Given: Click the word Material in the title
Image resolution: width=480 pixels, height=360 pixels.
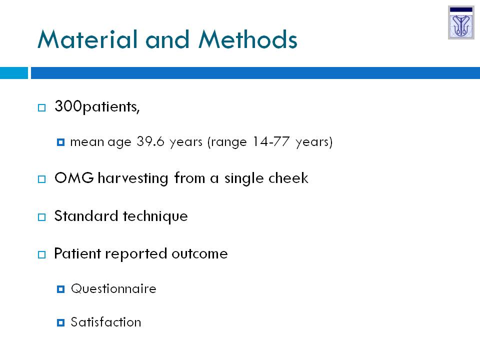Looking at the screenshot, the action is [x=87, y=39].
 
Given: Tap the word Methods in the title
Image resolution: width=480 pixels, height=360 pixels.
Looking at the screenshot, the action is [x=248, y=39].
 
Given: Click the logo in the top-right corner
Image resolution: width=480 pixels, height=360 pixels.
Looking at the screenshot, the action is [x=461, y=22].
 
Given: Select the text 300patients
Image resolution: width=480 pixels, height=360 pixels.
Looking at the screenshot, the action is [x=97, y=107].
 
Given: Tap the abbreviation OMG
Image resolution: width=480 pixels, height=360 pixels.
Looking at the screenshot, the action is [x=74, y=178].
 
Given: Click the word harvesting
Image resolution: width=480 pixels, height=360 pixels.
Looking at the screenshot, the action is [x=133, y=178].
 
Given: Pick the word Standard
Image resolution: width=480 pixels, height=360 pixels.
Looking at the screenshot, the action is [x=86, y=216].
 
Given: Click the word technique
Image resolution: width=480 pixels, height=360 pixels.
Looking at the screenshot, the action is [x=155, y=216].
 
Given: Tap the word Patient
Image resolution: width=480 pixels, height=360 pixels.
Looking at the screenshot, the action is [x=77, y=253].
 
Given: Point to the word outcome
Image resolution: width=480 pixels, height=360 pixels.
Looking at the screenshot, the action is [x=199, y=254].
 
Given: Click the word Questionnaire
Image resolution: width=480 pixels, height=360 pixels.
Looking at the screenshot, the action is [x=113, y=289].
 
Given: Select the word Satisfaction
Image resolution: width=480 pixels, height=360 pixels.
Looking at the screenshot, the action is [x=106, y=322].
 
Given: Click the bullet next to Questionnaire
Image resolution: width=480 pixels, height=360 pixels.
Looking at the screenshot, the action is [x=60, y=289].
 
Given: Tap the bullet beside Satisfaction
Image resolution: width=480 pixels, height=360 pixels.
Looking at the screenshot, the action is [x=60, y=322].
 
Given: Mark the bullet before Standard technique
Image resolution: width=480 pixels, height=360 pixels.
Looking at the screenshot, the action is [x=41, y=217].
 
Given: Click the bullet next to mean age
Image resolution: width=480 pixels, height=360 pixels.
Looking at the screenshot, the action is [x=60, y=142].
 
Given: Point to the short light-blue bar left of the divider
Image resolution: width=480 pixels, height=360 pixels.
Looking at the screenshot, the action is [x=14, y=73].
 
